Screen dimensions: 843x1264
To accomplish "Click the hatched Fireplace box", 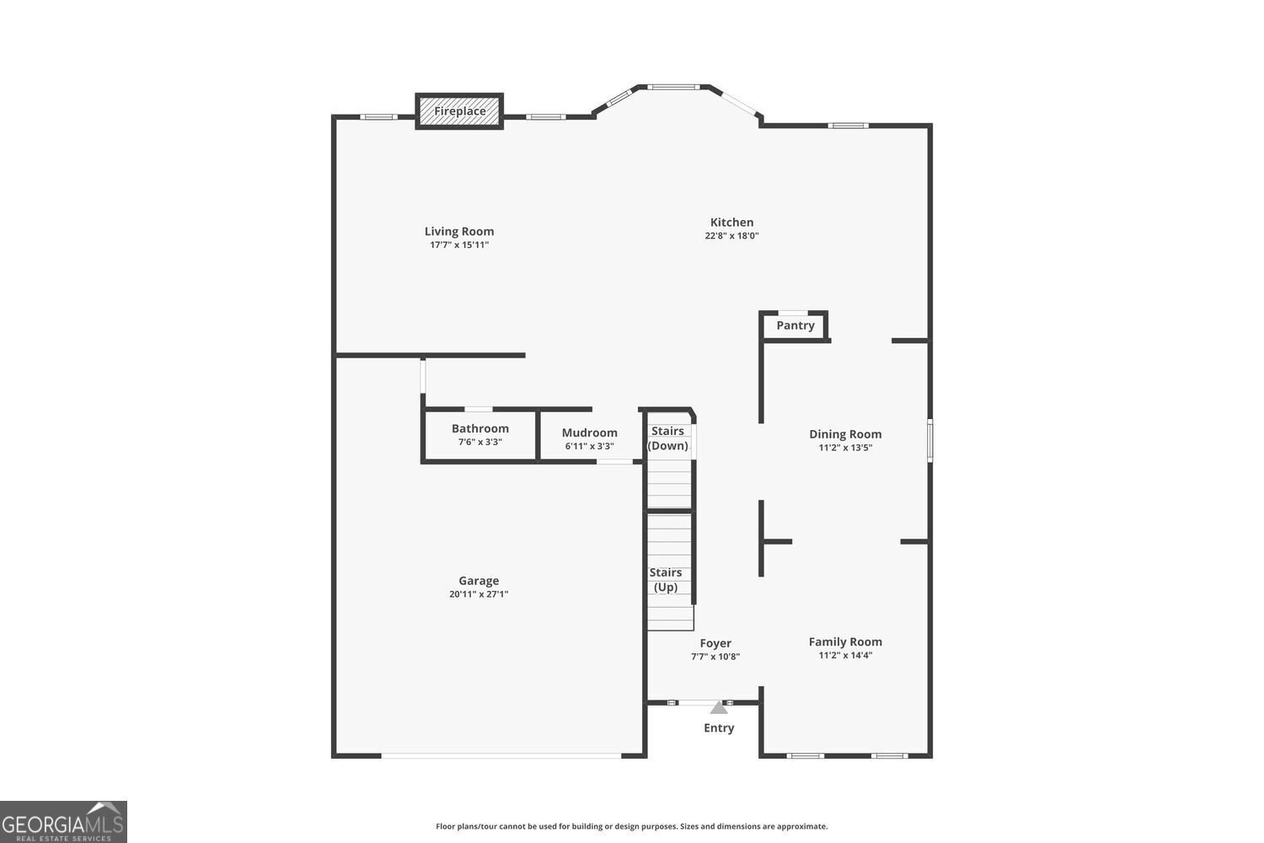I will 459,111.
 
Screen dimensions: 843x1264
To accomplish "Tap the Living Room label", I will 459,231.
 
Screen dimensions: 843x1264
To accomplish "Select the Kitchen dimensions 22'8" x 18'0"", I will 731,236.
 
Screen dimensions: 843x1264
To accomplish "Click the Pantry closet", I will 795,325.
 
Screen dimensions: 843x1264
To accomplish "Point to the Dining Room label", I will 845,434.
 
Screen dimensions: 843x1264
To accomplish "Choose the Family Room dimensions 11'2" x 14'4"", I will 845,655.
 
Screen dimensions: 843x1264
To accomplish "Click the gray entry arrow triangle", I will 719,707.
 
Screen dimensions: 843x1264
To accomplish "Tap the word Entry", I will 719,728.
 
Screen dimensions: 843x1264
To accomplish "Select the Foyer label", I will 715,643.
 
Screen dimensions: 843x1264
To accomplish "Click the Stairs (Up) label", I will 666,580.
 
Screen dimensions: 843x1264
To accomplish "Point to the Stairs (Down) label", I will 667,438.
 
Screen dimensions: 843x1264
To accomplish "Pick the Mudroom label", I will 590,432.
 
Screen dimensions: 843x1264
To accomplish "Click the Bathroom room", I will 479,435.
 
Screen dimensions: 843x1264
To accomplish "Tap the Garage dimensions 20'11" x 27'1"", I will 479,594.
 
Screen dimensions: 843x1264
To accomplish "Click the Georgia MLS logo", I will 63,822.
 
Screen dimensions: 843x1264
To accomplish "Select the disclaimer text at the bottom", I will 631,826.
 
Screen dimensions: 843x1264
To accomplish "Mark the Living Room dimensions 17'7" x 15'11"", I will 459,245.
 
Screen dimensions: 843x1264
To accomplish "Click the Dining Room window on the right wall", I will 930,440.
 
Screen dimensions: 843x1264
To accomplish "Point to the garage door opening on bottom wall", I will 502,755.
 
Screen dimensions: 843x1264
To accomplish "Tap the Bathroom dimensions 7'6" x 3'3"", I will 479,442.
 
